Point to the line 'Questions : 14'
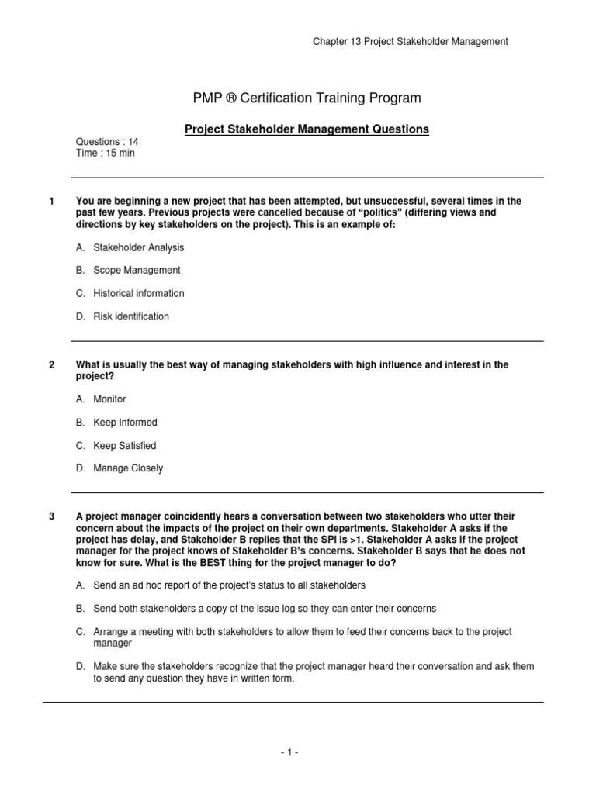(106, 142)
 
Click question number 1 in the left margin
(51, 202)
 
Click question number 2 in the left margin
(51, 364)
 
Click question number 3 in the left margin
(51, 516)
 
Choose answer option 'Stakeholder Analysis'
(138, 247)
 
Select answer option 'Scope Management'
(137, 271)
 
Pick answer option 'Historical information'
(138, 293)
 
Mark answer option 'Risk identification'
(130, 316)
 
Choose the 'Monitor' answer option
(109, 399)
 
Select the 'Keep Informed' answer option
(125, 423)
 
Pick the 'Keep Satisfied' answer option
(124, 446)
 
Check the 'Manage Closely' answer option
(128, 468)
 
